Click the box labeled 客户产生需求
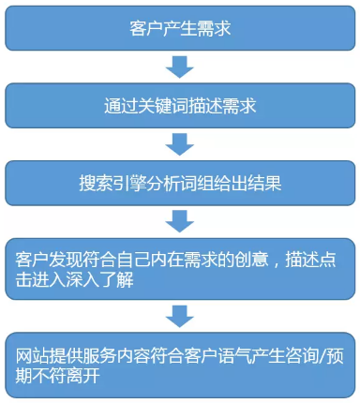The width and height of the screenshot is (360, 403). point(181,27)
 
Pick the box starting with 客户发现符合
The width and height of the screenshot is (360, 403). point(181,266)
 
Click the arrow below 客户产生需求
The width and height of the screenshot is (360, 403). point(179,66)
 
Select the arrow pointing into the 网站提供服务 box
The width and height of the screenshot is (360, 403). point(179,313)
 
